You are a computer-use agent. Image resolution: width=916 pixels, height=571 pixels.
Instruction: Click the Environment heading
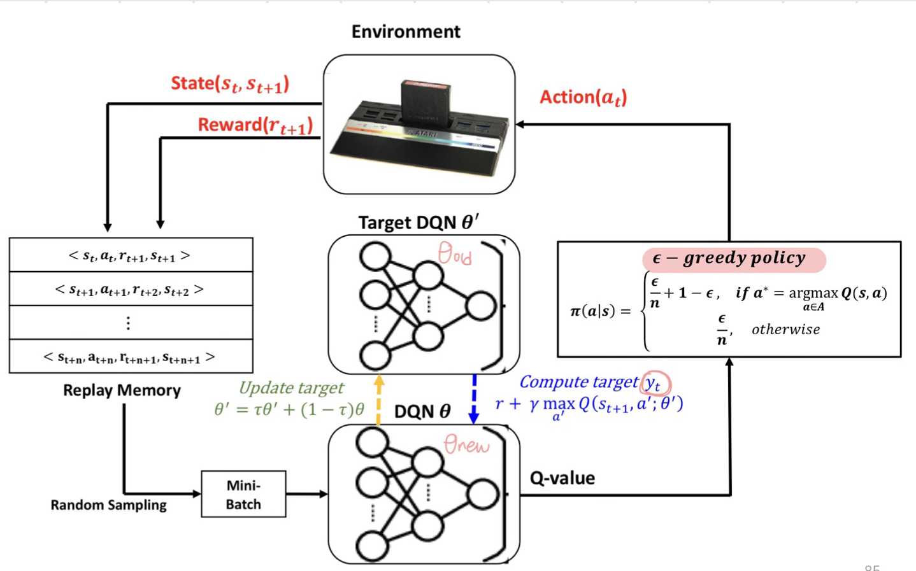point(406,32)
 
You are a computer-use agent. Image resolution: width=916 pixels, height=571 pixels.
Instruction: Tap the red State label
point(230,84)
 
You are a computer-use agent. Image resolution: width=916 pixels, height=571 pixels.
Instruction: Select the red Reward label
point(255,125)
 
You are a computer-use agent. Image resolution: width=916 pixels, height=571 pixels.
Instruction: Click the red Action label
point(583,97)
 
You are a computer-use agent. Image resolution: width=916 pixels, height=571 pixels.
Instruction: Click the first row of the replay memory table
point(131,255)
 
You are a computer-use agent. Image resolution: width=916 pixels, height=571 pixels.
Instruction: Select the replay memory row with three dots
point(131,323)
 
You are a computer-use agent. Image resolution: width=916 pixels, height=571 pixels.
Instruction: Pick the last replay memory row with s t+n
point(131,356)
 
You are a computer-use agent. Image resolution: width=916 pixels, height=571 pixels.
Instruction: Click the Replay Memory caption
point(122,390)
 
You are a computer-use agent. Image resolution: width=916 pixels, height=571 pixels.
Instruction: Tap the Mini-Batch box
point(243,494)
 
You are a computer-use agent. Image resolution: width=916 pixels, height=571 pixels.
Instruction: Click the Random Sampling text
point(108,505)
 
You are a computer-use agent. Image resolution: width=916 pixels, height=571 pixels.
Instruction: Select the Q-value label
point(562,478)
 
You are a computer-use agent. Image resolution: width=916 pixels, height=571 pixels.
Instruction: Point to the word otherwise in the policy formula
point(785,330)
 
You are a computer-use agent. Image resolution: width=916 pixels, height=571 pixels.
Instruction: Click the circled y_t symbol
point(655,383)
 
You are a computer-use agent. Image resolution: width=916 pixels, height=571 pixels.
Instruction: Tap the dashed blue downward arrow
point(474,399)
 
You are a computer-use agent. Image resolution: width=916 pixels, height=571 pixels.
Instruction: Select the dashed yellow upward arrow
point(379,400)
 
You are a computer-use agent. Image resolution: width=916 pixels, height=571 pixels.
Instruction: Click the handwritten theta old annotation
point(455,253)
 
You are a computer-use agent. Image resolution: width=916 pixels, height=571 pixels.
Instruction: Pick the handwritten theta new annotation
point(466,444)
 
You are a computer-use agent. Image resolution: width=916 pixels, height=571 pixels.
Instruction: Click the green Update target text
point(291,388)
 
